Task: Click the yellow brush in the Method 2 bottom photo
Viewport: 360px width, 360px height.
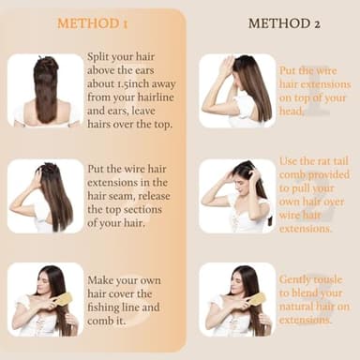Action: click(257, 298)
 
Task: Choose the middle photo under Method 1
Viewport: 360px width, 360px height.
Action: click(45, 196)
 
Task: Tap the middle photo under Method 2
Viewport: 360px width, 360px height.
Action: click(237, 195)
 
